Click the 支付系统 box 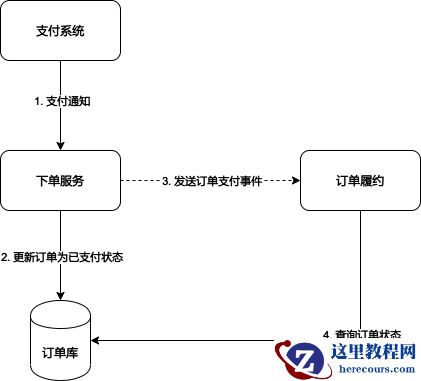coord(61,31)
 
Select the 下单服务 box coord(61,181)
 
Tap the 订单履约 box coord(360,181)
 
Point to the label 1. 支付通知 coord(62,103)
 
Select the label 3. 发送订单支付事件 coord(211,181)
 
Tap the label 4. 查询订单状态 coord(362,334)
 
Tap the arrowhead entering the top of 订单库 coord(61,295)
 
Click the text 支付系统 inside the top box coord(61,31)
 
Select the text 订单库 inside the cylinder coord(60,352)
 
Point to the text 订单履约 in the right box coord(360,181)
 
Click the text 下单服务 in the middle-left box coord(61,181)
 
